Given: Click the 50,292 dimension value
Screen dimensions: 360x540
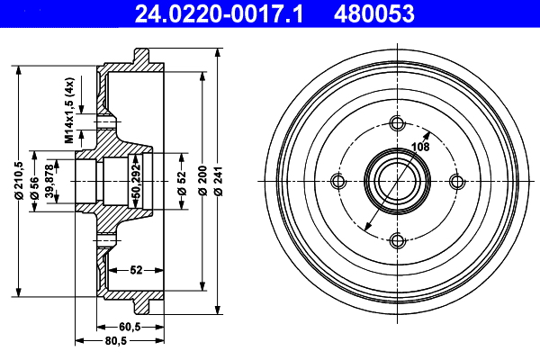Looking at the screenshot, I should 137,180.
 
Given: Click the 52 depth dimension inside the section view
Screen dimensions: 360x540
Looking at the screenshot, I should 137,269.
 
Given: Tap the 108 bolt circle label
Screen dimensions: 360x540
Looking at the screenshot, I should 419,146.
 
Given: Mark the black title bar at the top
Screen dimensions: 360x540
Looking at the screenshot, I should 270,13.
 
